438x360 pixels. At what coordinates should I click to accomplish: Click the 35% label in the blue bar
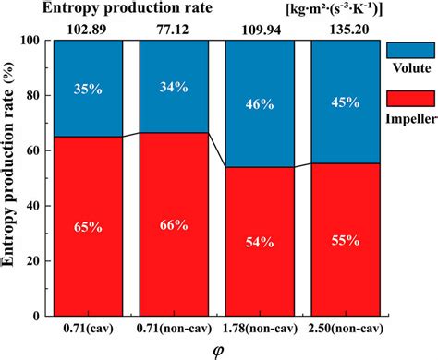[87, 90]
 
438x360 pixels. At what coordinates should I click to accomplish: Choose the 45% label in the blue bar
[345, 103]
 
